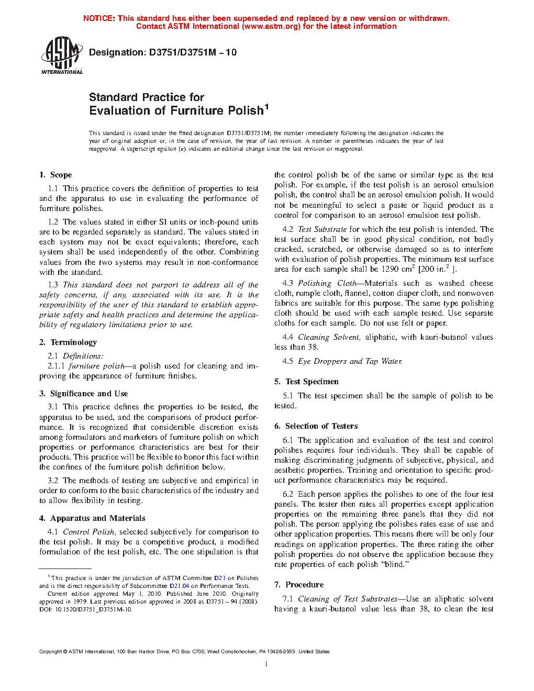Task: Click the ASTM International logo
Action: tap(62, 55)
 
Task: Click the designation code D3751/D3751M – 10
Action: tap(193, 52)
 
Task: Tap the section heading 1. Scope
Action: tap(55, 175)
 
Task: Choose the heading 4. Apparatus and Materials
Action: tap(92, 518)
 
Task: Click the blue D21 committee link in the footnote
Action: tap(220, 578)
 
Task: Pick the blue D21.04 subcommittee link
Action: tap(179, 586)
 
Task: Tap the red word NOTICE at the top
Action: tap(99, 18)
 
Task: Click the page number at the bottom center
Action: tap(266, 664)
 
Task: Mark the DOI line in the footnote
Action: tap(86, 609)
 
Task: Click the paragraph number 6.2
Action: tap(288, 494)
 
